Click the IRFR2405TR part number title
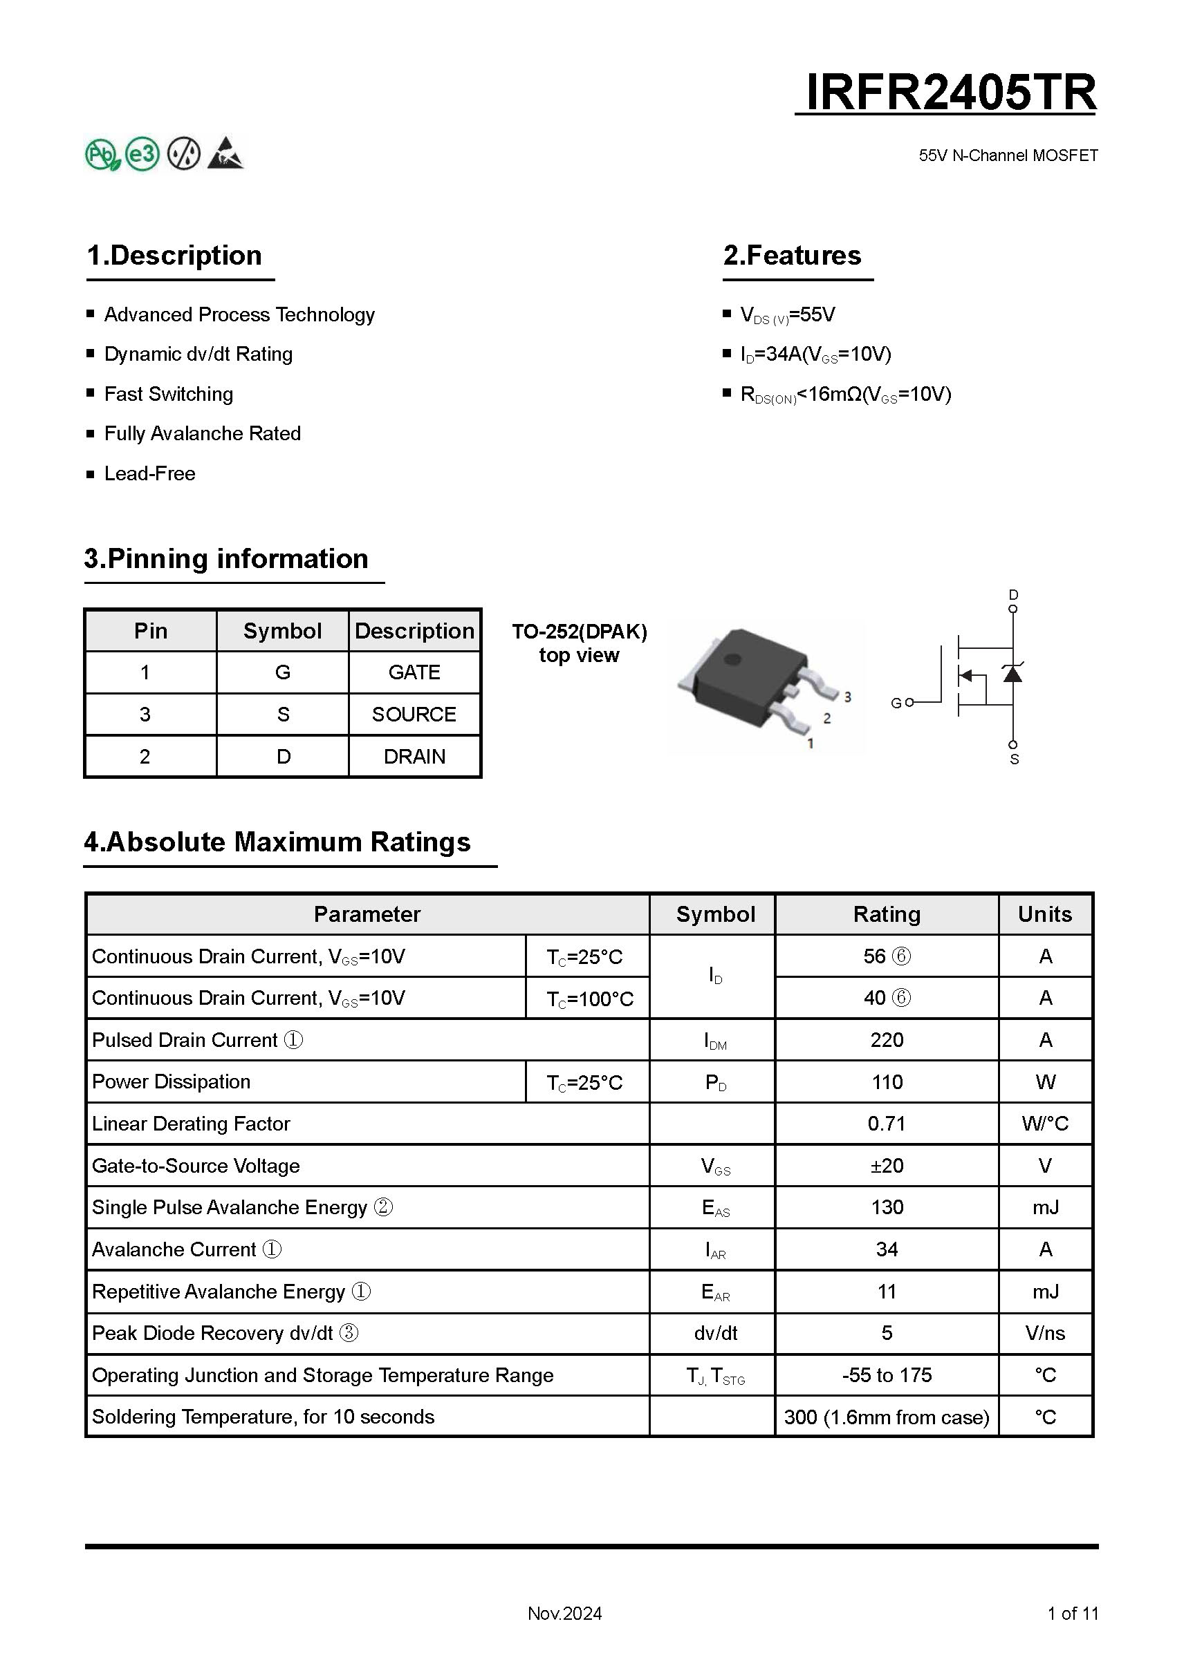(x=950, y=93)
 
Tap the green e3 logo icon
(x=142, y=153)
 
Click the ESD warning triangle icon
(x=225, y=153)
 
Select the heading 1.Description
(x=174, y=256)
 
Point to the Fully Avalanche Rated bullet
(x=202, y=433)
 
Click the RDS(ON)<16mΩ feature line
(x=845, y=394)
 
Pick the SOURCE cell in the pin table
(x=414, y=714)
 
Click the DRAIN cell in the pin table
(x=414, y=757)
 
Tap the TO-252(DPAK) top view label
(x=579, y=643)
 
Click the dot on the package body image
(x=732, y=660)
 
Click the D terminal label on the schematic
(x=1012, y=594)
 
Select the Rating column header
(x=887, y=914)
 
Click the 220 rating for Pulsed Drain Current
(x=887, y=1040)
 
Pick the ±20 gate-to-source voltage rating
(x=887, y=1166)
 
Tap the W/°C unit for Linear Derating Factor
(x=1045, y=1124)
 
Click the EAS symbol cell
(x=715, y=1208)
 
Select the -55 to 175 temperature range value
(x=887, y=1375)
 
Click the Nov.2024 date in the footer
(x=564, y=1614)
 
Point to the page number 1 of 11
(x=1072, y=1614)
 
